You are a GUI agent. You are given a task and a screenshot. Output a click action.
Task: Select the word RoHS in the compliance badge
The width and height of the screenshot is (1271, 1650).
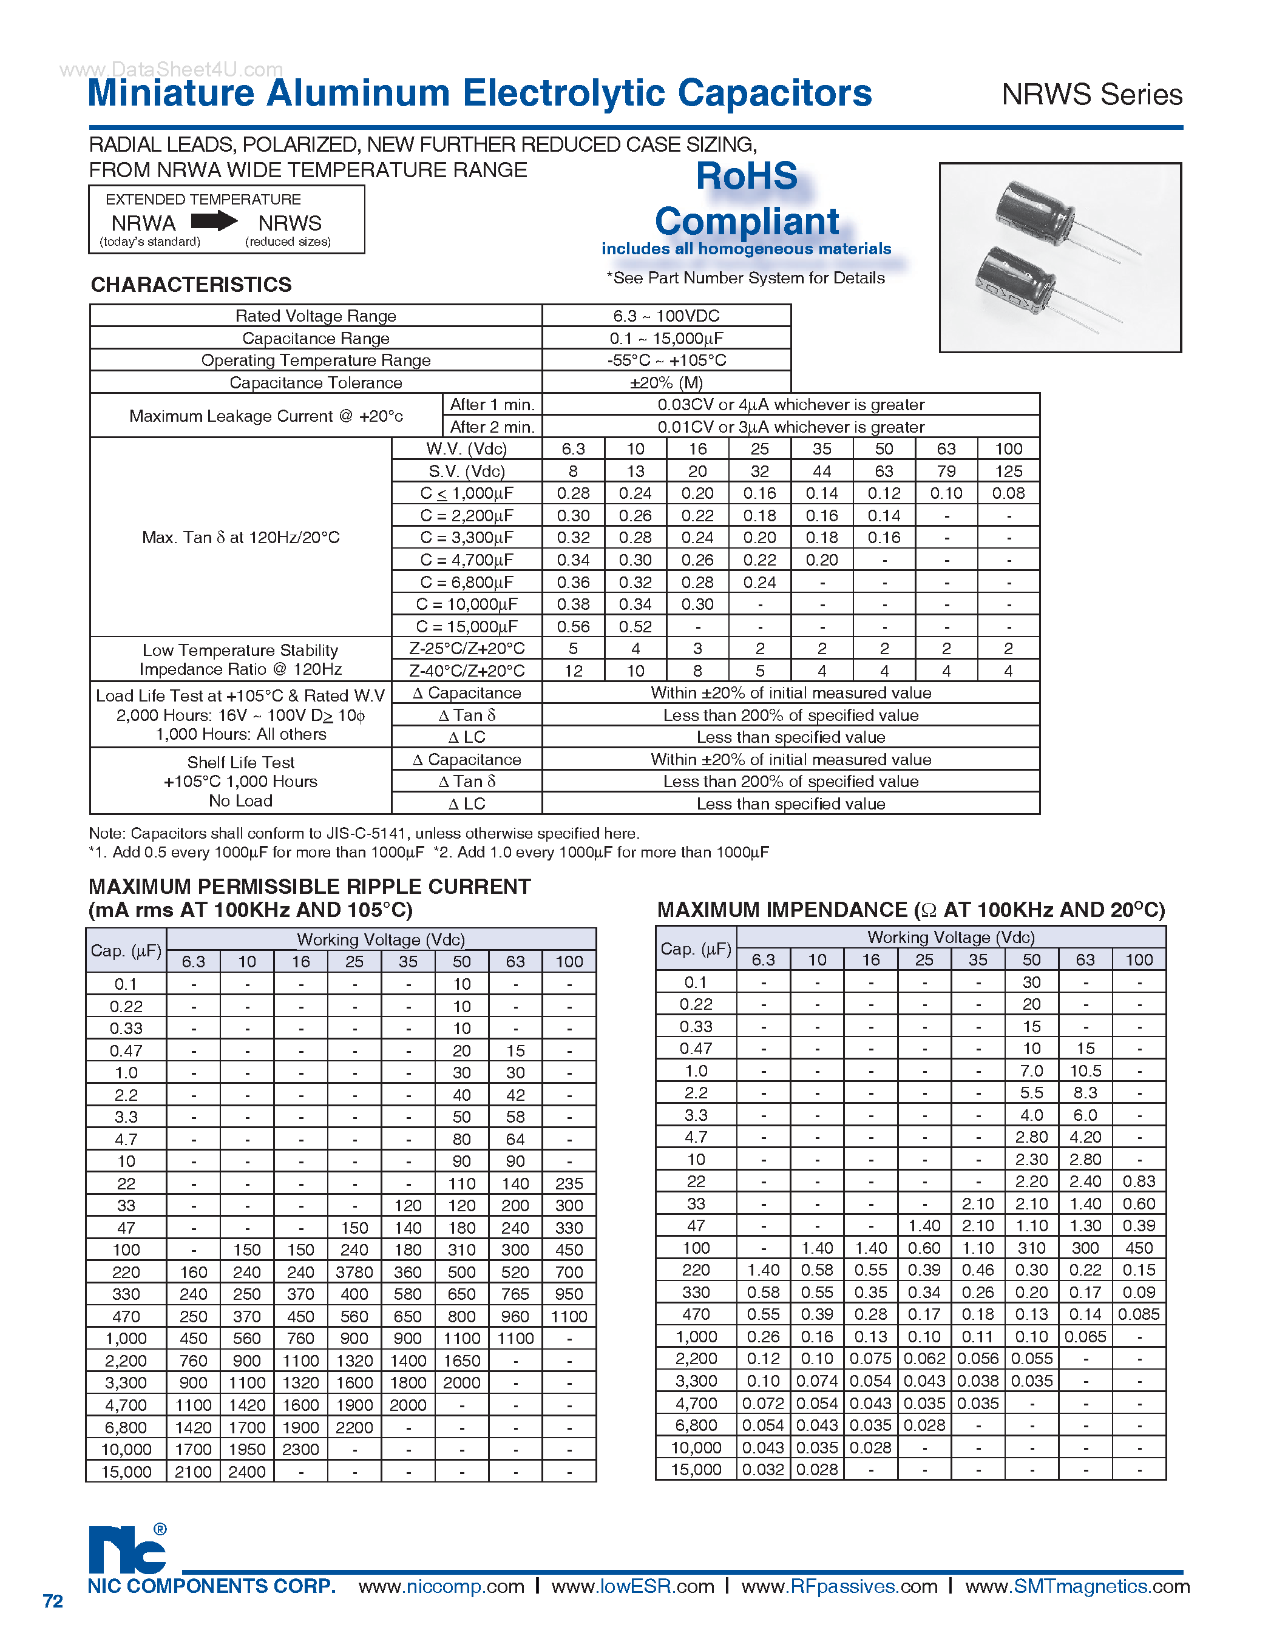(x=746, y=176)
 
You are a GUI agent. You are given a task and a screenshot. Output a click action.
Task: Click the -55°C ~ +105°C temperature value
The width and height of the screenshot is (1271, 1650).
(x=666, y=360)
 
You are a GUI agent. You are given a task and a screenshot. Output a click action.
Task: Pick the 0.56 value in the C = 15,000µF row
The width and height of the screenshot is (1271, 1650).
(x=573, y=626)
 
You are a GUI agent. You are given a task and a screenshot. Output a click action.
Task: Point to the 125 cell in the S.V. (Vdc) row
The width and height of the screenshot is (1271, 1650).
(x=1008, y=472)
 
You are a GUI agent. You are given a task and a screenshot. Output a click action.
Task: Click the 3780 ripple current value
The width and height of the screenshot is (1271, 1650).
(x=354, y=1273)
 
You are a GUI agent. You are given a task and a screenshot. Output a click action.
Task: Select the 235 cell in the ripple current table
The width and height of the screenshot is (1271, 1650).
(x=568, y=1184)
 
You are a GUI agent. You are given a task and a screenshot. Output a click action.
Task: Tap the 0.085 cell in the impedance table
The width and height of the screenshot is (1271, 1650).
(x=1138, y=1314)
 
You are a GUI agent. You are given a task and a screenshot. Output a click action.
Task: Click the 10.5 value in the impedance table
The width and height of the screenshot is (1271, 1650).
(x=1085, y=1070)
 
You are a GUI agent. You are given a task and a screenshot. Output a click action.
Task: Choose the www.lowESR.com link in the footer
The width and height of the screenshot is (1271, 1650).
(x=632, y=1586)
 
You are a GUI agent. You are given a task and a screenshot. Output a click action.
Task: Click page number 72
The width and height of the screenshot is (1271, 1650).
(x=53, y=1601)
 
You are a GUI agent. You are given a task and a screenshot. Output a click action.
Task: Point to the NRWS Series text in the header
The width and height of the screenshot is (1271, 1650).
(x=1091, y=95)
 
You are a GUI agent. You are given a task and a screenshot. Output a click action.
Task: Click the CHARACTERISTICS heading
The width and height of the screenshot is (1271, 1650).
(x=191, y=285)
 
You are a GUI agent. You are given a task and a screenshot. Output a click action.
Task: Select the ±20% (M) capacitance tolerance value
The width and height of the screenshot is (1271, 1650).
(x=666, y=382)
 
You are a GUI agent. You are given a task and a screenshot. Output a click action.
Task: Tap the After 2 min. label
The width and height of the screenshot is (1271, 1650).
(x=492, y=427)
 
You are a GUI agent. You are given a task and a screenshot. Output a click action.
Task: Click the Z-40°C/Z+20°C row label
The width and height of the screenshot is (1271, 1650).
(x=466, y=671)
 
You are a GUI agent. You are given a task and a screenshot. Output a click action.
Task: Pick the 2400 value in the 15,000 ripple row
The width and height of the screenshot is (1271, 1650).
(x=246, y=1472)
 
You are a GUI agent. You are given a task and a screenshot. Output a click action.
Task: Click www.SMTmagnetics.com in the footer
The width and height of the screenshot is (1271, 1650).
(x=1077, y=1586)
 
